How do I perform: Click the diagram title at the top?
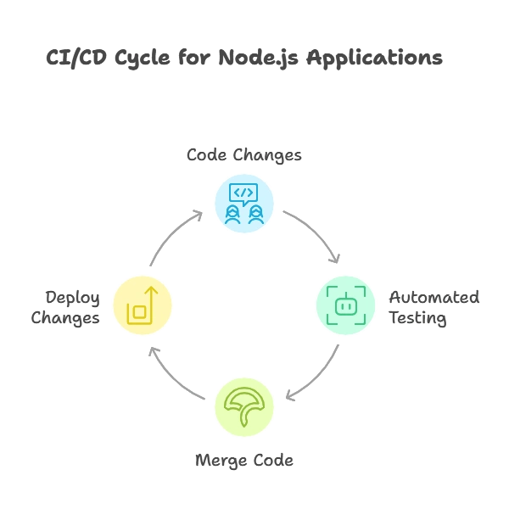coord(244,59)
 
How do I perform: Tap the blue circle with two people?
coord(243,204)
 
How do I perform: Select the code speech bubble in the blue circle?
coord(243,193)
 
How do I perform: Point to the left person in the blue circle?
coord(232,215)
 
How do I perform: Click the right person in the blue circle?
coord(255,215)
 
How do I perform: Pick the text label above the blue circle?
coord(243,155)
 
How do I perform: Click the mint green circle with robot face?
coord(345,305)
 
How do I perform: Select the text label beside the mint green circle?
coord(434,306)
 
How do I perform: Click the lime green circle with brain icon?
coord(243,406)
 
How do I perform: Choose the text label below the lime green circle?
coord(243,461)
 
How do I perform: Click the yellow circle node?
coord(142,305)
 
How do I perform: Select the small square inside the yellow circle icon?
coord(139,312)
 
